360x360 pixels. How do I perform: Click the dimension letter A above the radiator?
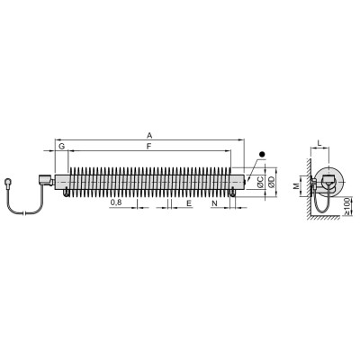149,136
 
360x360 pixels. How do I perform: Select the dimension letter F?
148,147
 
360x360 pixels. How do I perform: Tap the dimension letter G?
61,147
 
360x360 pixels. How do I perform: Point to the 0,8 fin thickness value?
116,202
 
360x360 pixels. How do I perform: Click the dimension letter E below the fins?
189,203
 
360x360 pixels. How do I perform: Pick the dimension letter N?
214,203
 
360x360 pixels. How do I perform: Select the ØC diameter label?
260,182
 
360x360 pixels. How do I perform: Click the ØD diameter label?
271,182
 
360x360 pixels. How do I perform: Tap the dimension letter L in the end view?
319,144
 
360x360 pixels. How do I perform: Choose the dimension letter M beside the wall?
296,186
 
